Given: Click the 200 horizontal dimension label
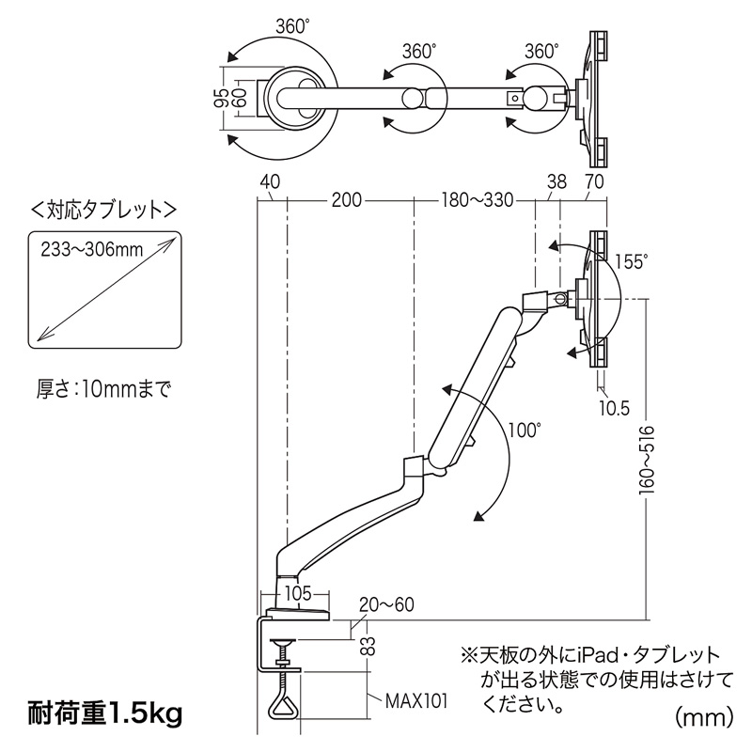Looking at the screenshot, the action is click(346, 200).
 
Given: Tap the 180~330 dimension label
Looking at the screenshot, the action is click(477, 200).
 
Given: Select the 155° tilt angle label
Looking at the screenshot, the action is click(631, 262).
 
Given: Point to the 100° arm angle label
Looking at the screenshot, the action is click(525, 431).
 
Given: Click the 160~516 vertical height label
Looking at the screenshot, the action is click(647, 460).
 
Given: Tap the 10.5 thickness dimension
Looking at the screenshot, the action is click(615, 409).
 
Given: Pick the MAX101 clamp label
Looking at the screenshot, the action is click(416, 701).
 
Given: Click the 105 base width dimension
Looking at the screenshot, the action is click(298, 594).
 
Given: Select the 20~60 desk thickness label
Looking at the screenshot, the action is click(386, 604).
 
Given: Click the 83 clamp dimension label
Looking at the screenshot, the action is click(368, 646).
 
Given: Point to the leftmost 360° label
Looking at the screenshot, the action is click(290, 26).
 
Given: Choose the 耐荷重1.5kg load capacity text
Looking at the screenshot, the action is click(105, 713).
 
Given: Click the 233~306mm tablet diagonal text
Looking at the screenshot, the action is click(91, 249).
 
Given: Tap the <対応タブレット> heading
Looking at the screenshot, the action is click(103, 211).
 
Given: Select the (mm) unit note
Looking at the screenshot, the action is click(704, 718).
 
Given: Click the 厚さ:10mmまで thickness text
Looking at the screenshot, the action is click(104, 389).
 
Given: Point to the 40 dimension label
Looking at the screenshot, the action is click(270, 181).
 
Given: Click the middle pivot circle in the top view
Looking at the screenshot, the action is click(412, 98).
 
